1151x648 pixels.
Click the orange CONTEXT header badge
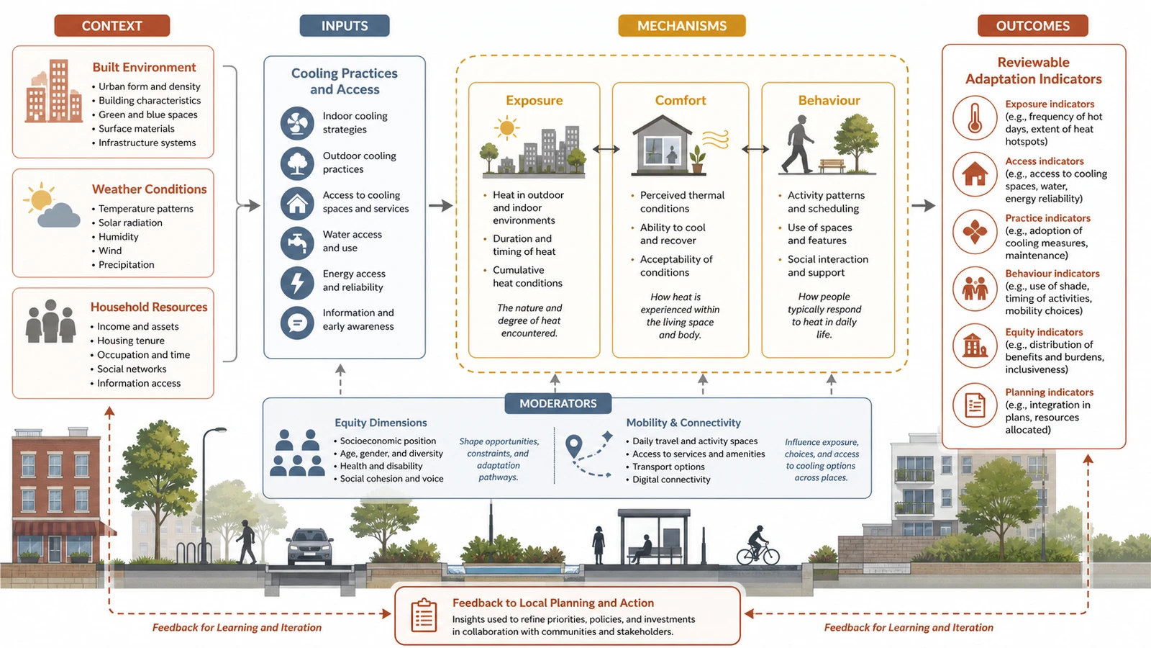pos(112,26)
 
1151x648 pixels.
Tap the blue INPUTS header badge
pos(345,26)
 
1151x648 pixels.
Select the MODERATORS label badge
pos(558,403)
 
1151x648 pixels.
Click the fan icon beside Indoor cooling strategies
pos(297,123)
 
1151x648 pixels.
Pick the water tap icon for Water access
pos(297,242)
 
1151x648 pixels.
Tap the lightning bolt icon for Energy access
pos(297,282)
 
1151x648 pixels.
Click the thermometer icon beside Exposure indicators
pos(975,118)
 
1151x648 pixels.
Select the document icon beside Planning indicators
pos(975,406)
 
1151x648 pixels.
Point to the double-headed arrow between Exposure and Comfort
pos(606,149)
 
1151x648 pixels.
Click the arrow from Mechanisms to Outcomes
pos(924,206)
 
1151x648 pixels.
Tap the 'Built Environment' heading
pos(144,68)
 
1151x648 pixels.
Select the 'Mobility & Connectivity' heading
pos(683,423)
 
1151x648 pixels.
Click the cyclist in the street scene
pos(758,546)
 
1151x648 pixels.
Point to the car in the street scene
pos(310,546)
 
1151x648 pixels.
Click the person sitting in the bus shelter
pos(642,549)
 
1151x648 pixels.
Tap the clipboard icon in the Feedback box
pos(424,615)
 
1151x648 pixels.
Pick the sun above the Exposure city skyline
pos(506,128)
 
